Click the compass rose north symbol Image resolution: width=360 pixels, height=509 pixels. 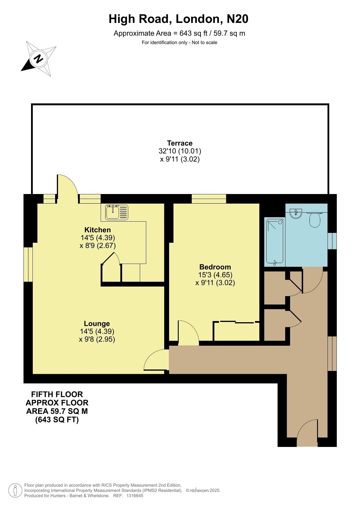[38, 59]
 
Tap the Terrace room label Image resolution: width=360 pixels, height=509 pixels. [180, 143]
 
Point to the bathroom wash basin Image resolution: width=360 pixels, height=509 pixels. [296, 213]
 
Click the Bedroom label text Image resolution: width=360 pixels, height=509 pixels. [215, 267]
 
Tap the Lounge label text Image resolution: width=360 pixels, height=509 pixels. [97, 323]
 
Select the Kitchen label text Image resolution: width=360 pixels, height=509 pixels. [97, 230]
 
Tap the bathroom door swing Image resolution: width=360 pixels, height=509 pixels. [312, 280]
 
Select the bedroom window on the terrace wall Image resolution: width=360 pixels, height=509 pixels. [209, 199]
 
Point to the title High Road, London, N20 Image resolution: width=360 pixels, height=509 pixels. [178, 19]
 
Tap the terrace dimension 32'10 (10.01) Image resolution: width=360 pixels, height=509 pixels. [180, 151]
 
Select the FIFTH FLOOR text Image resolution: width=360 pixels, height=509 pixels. [57, 394]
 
